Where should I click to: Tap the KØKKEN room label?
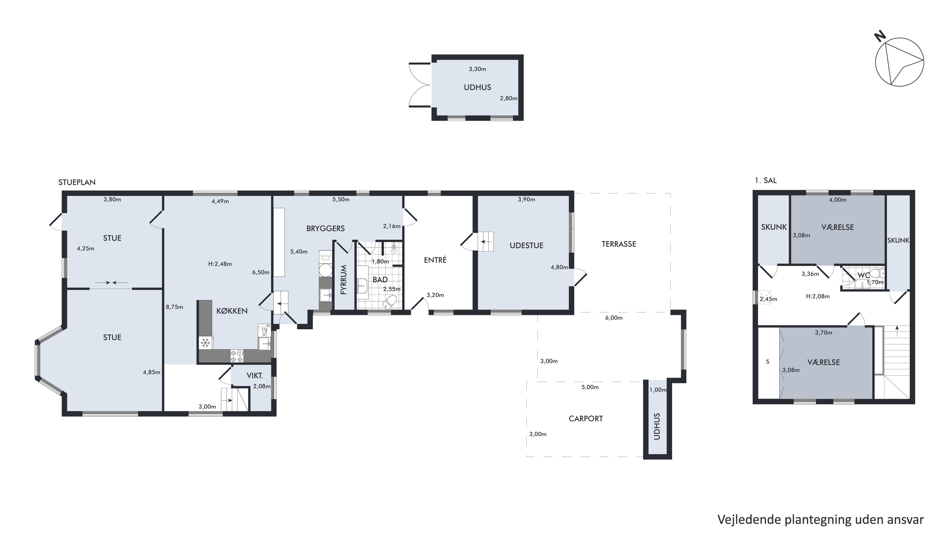pyautogui.click(x=232, y=311)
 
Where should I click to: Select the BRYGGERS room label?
pyautogui.click(x=325, y=228)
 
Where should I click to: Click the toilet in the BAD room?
pyautogui.click(x=389, y=302)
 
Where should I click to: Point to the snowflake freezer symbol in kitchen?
pyautogui.click(x=205, y=343)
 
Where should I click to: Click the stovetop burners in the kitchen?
pyautogui.click(x=237, y=356)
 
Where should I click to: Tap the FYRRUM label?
pyautogui.click(x=344, y=279)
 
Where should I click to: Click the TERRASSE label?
pyautogui.click(x=619, y=244)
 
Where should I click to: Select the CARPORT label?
pyautogui.click(x=585, y=419)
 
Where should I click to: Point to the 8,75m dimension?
pyautogui.click(x=175, y=307)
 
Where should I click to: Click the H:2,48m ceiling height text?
pyautogui.click(x=220, y=264)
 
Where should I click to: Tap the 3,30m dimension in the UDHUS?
pyautogui.click(x=477, y=69)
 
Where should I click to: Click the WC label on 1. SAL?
pyautogui.click(x=864, y=275)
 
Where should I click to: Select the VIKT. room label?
pyautogui.click(x=255, y=376)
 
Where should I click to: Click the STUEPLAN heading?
pyautogui.click(x=77, y=182)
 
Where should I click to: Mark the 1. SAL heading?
pyautogui.click(x=765, y=180)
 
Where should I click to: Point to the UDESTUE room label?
pyautogui.click(x=526, y=245)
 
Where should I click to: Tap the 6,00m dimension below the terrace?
pyautogui.click(x=614, y=318)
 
